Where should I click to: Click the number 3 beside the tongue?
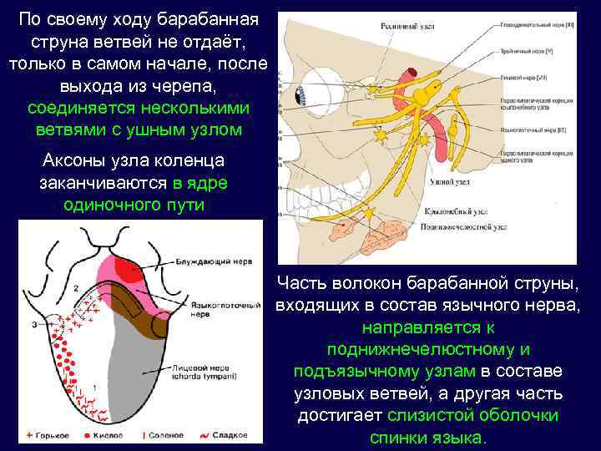34,323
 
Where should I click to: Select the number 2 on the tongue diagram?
76,288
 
